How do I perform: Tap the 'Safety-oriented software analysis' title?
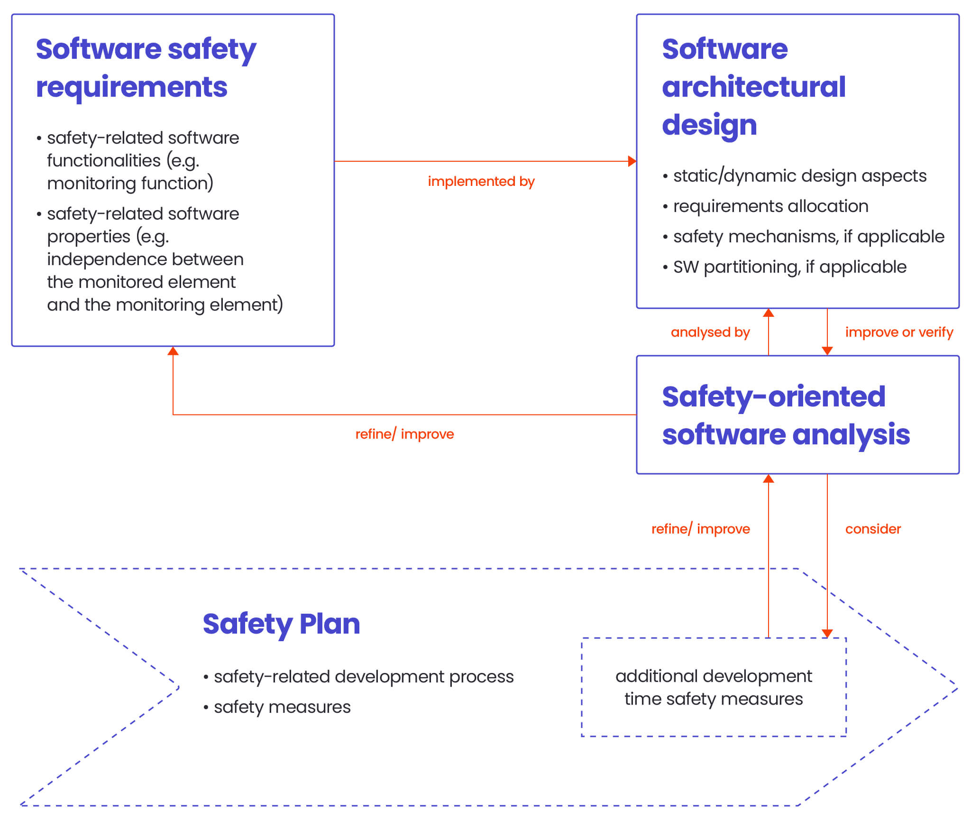tap(786, 415)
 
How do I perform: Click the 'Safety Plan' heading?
tap(281, 624)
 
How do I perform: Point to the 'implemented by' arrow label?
tap(481, 181)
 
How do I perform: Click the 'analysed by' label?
tap(710, 332)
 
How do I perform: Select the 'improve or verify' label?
tap(898, 332)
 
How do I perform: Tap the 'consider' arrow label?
tap(872, 529)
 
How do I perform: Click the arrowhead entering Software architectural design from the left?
tap(632, 161)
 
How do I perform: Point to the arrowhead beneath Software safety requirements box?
tap(173, 351)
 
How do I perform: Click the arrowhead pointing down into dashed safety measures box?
tap(827, 633)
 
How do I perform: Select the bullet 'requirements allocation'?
tap(770, 206)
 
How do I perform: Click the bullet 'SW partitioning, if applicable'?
tap(789, 267)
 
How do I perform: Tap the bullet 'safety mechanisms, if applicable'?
tap(808, 237)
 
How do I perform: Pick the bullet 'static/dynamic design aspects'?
tap(799, 176)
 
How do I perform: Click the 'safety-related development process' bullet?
tap(363, 677)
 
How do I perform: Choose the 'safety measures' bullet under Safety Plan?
tap(282, 707)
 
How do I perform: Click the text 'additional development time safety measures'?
tap(714, 687)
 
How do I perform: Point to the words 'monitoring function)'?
tap(130, 184)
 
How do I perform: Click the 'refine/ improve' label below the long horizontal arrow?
tap(404, 434)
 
